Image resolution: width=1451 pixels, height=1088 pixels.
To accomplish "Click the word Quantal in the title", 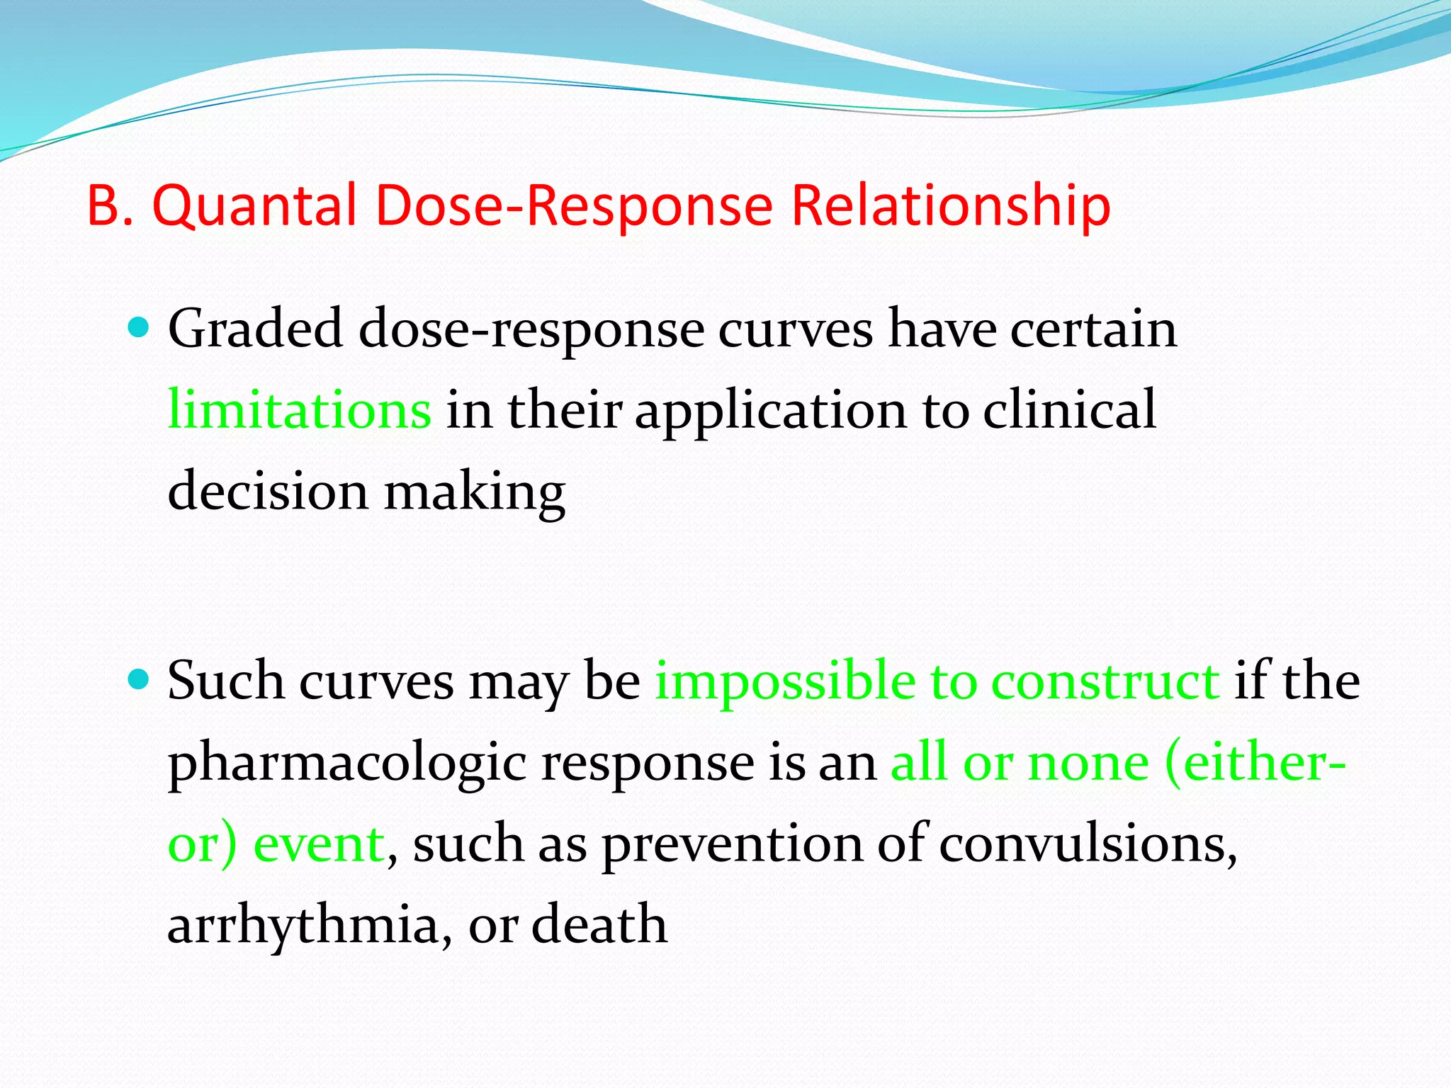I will (x=254, y=205).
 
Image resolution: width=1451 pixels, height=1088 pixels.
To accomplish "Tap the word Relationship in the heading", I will (x=950, y=205).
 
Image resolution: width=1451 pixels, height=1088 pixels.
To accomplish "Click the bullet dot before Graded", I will (x=139, y=327).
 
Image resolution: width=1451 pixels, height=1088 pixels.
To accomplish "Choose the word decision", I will (x=268, y=491).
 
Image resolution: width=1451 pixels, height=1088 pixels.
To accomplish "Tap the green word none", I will (x=1088, y=764).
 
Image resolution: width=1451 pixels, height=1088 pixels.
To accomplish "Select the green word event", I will (x=319, y=844).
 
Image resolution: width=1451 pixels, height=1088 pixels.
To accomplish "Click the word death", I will (x=599, y=925).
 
